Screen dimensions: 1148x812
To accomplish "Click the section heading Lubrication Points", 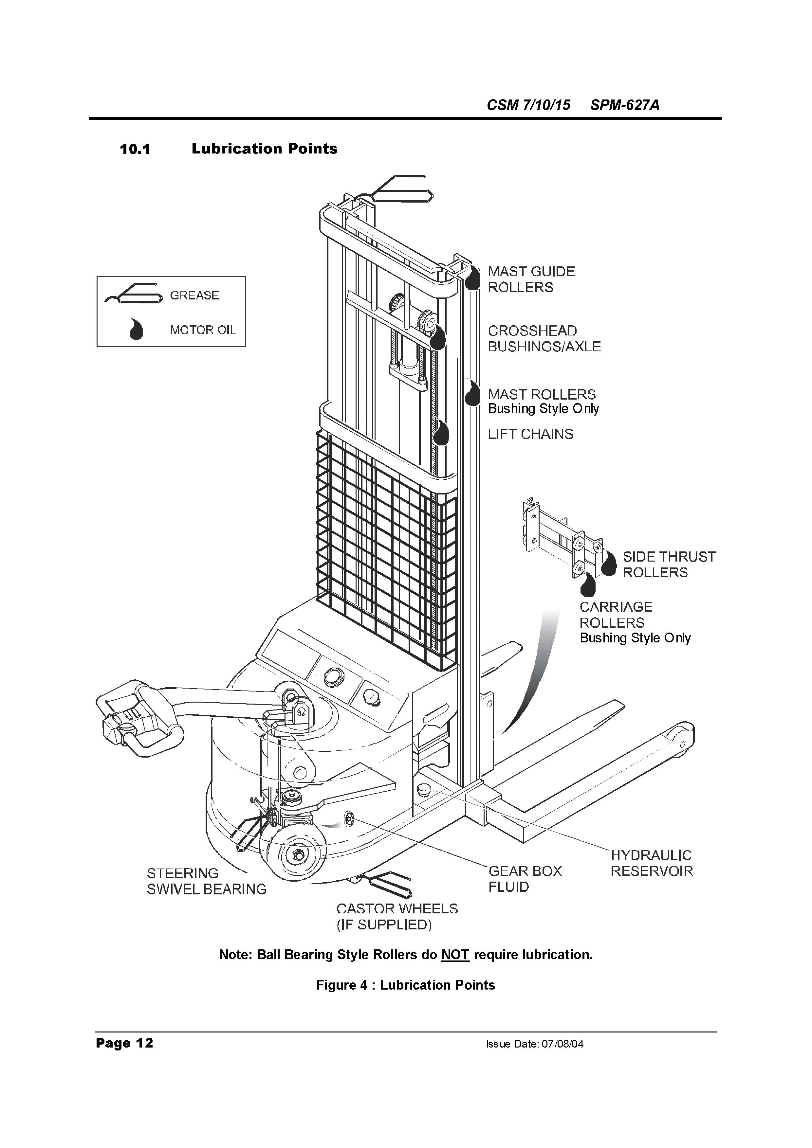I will [264, 149].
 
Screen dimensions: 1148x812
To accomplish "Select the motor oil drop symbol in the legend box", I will [135, 330].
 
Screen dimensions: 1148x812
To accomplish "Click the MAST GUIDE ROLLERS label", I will [531, 279].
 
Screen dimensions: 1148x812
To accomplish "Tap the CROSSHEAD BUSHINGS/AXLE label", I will [544, 338].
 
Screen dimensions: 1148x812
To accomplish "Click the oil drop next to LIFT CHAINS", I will [441, 433].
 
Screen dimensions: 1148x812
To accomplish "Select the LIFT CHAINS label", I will [530, 434].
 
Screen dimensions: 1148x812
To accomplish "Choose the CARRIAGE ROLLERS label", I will [616, 615].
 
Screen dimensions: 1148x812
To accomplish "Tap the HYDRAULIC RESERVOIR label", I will [652, 863].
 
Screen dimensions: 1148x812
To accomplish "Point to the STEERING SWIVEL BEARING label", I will [206, 882].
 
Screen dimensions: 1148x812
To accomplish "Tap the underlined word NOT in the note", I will [455, 955].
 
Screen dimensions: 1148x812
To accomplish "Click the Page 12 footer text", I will [124, 1043].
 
